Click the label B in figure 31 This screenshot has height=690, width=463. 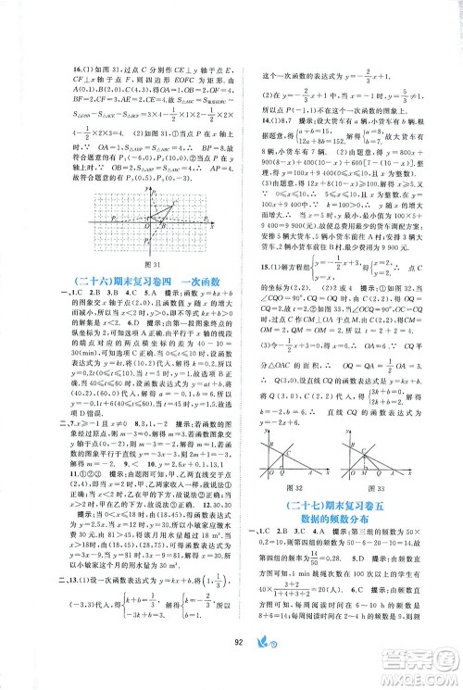point(161,225)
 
